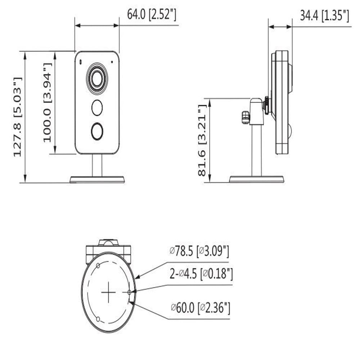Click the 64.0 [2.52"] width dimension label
point(152,14)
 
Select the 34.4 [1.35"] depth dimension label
point(324,15)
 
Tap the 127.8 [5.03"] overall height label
point(18,117)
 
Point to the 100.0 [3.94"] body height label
point(48,103)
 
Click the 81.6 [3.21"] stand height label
point(202,140)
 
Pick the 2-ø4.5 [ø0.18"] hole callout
point(201,275)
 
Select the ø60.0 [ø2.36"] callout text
point(201,308)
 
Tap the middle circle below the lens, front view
point(97,108)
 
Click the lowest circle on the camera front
point(97,131)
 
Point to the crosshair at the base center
point(108,292)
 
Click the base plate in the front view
point(97,179)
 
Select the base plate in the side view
point(256,179)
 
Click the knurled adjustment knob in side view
point(246,117)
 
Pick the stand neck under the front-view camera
point(97,165)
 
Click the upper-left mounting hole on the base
point(98,266)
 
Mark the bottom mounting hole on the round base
point(98,319)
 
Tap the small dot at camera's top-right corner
point(112,62)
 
